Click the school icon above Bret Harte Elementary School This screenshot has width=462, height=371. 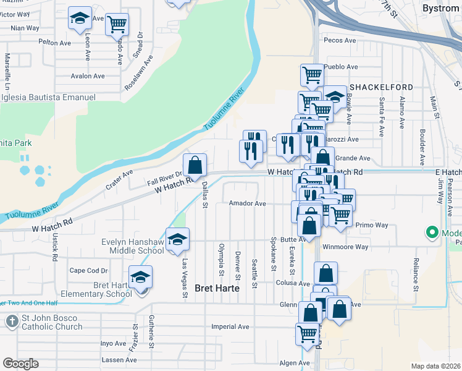coord(141,278)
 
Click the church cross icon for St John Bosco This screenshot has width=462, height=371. coord(12,322)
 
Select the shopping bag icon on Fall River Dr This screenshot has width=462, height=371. coord(195,165)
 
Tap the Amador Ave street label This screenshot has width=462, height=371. coord(247,203)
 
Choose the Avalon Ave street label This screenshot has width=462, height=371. coord(88,77)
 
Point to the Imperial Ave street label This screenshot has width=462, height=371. coord(230,326)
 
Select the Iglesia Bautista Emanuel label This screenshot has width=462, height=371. coord(48,98)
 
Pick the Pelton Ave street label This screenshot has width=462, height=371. coord(55,43)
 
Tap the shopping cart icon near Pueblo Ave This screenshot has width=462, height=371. coord(312,75)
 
